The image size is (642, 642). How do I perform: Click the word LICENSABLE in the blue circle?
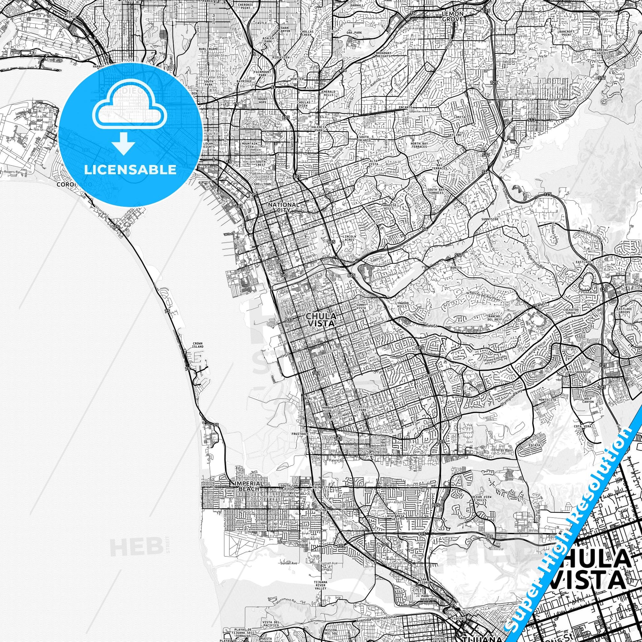(130, 170)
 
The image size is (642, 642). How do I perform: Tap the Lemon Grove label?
(452, 16)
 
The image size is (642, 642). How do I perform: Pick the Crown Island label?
(197, 345)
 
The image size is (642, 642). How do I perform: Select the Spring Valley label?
(602, 52)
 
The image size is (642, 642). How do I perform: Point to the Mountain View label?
(249, 145)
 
